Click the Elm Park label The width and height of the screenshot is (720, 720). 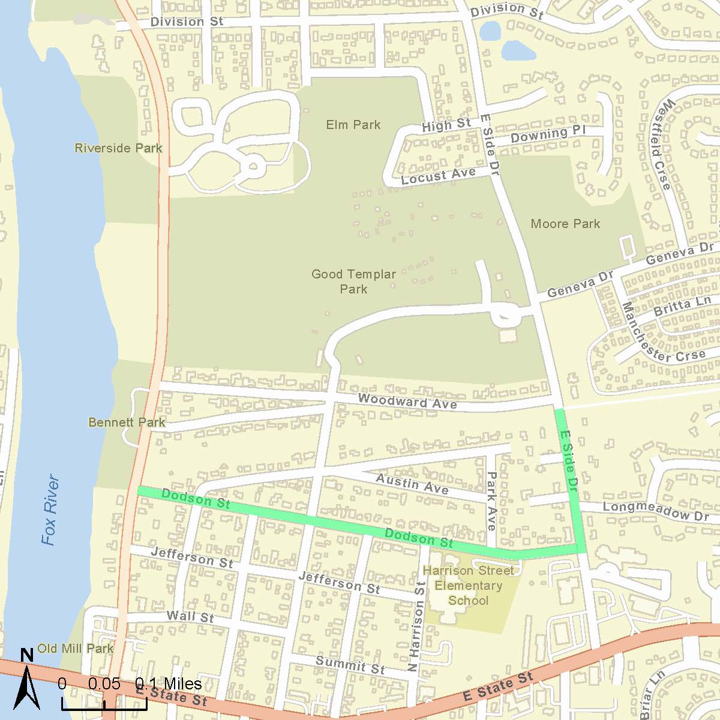pyautogui.click(x=353, y=125)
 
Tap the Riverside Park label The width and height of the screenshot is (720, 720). pyautogui.click(x=118, y=148)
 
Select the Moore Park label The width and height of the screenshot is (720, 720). pyautogui.click(x=565, y=224)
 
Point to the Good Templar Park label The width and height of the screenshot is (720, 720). pyautogui.click(x=353, y=281)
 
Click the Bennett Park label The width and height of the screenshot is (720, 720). pyautogui.click(x=127, y=422)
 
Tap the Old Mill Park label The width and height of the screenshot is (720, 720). pyautogui.click(x=75, y=649)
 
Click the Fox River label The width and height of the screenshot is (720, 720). pyautogui.click(x=51, y=510)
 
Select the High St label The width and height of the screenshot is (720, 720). pyautogui.click(x=446, y=125)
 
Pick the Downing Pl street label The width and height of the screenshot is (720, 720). pyautogui.click(x=547, y=134)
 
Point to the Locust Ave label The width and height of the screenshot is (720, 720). pyautogui.click(x=438, y=176)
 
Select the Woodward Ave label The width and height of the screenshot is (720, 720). pyautogui.click(x=407, y=401)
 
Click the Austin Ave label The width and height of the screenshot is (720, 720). pyautogui.click(x=412, y=484)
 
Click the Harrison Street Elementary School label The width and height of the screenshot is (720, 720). pyautogui.click(x=468, y=586)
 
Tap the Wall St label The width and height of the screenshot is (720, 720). pyautogui.click(x=190, y=616)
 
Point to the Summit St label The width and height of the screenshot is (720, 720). pyautogui.click(x=350, y=665)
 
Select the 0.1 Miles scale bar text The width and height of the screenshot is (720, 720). pyautogui.click(x=168, y=684)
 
